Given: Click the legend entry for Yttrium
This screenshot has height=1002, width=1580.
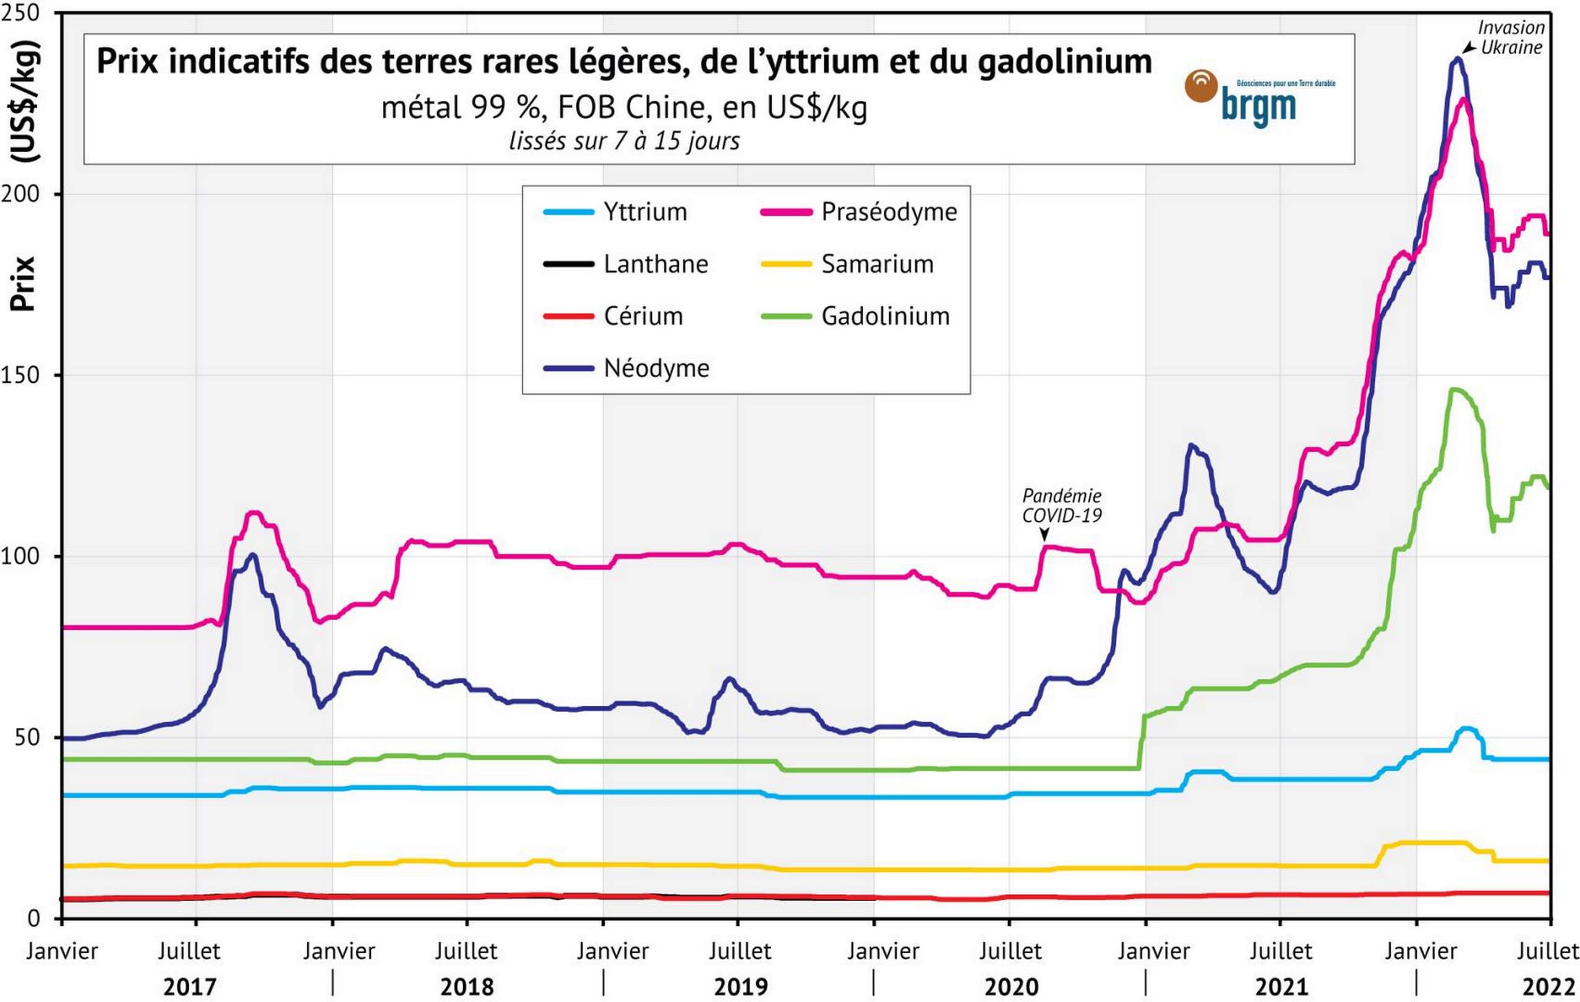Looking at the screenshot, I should (644, 212).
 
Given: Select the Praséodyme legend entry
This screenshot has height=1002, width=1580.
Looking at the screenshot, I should (889, 212).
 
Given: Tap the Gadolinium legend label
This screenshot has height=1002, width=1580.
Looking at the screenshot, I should (885, 316).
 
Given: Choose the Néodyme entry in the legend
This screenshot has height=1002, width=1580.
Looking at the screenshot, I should (656, 368).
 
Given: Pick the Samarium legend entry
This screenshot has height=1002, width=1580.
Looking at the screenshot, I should (877, 263).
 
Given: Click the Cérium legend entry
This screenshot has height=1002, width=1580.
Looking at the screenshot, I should (643, 316).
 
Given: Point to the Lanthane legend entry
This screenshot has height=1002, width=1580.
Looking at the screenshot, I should (655, 263).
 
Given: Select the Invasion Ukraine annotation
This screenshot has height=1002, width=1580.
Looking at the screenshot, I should (1511, 37).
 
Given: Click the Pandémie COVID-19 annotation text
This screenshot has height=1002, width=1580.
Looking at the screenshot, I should (1062, 505).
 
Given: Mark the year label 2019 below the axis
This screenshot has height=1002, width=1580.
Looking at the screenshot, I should (740, 987).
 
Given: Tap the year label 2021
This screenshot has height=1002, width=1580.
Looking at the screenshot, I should (1281, 987).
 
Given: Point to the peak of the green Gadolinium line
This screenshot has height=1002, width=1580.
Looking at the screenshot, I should (1454, 390).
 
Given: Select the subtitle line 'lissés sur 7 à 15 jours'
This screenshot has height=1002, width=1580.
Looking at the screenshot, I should (624, 141).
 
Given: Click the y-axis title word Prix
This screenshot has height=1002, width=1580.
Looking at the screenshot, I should (22, 283).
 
